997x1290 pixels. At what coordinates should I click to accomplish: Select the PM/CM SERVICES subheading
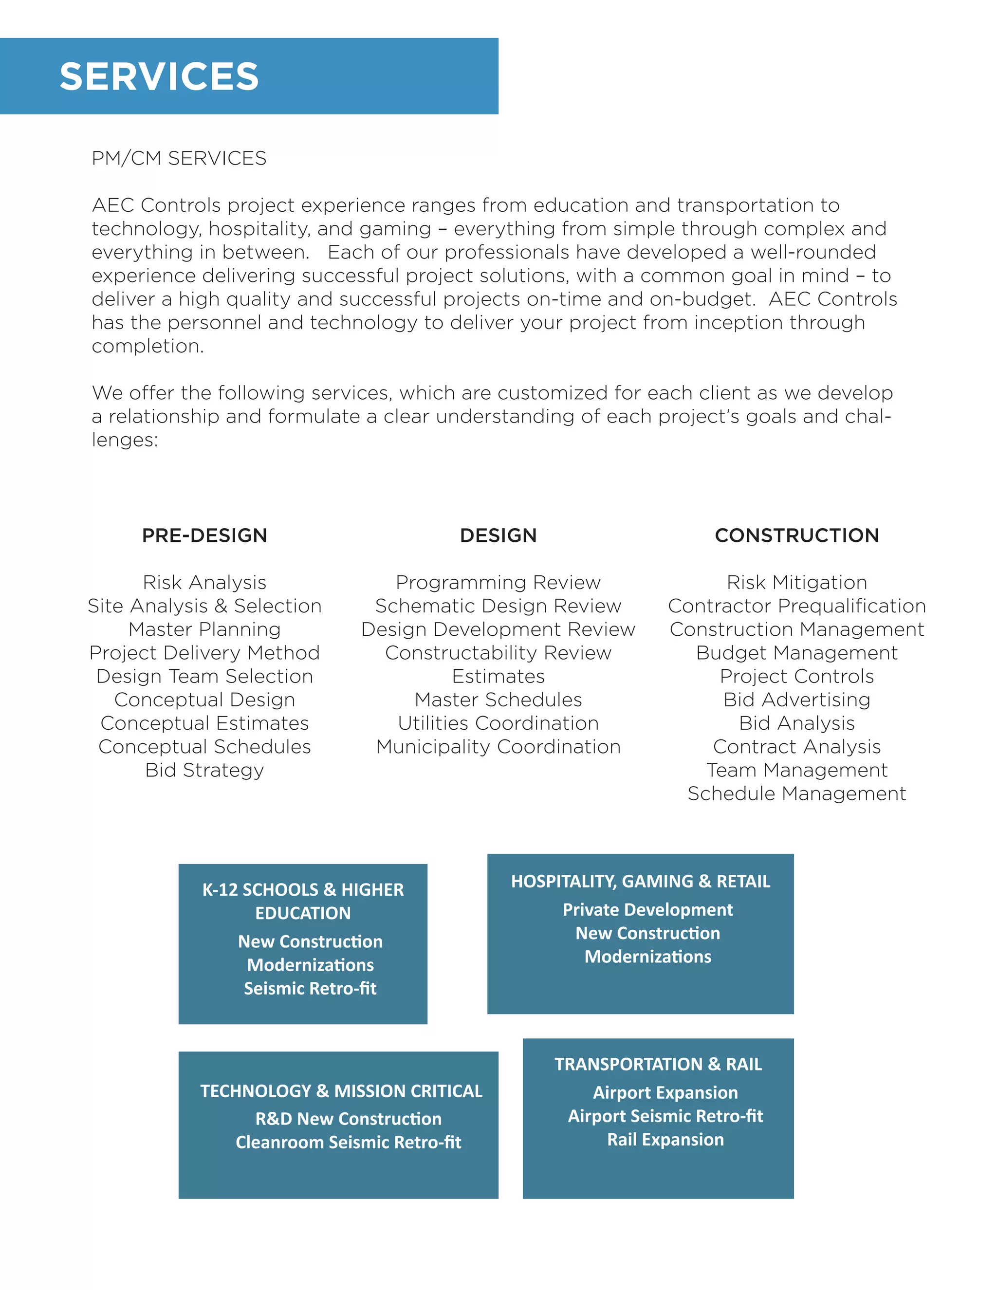179,158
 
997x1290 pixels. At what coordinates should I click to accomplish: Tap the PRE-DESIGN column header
204,535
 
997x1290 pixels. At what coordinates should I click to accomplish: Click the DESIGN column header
498,535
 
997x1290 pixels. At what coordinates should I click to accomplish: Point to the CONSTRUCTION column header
797,535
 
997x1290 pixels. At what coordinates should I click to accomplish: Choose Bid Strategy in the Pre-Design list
204,770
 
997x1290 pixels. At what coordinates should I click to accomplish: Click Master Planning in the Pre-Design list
204,629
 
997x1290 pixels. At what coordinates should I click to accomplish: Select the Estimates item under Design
498,676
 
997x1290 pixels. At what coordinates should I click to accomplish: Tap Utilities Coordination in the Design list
498,723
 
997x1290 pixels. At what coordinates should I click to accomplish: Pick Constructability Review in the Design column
498,653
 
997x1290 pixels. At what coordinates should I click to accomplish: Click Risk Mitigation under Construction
797,582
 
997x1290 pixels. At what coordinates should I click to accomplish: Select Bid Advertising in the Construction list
797,700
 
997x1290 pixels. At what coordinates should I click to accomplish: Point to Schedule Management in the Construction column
797,794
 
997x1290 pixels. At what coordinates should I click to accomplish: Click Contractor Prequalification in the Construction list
797,606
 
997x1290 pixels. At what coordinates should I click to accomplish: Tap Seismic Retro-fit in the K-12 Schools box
310,988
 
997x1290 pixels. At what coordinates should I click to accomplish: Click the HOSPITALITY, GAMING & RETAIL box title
640,881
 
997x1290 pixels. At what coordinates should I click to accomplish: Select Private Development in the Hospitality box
647,910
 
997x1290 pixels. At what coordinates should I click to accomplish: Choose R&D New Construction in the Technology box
348,1119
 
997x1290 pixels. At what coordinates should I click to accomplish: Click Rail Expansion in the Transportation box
665,1140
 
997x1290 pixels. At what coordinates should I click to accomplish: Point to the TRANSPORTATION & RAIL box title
658,1064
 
